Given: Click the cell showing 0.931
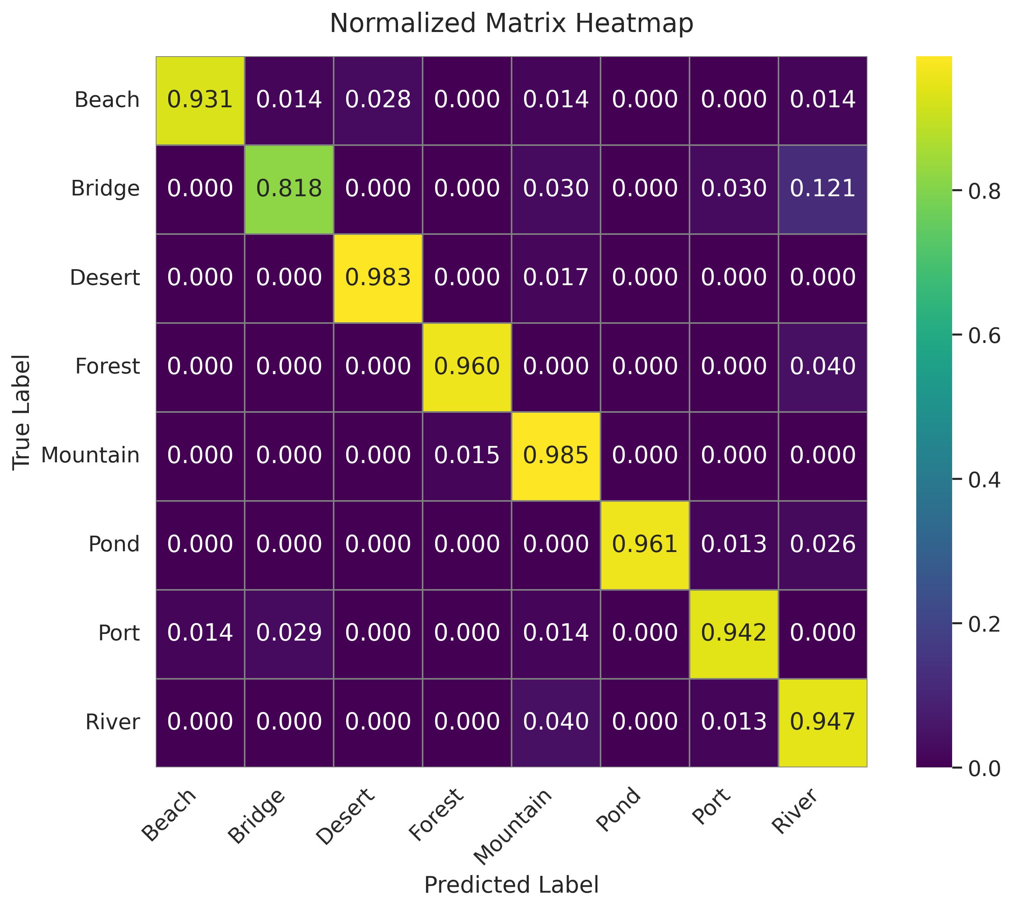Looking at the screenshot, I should click(x=200, y=100).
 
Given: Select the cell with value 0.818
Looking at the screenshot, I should click(x=289, y=189).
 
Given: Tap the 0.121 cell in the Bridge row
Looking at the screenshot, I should click(x=823, y=189).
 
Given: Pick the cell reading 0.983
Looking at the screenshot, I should click(x=378, y=278).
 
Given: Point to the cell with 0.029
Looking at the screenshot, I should click(x=289, y=633).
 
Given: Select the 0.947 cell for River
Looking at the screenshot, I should click(x=823, y=722).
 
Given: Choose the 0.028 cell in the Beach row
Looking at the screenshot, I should click(x=378, y=100).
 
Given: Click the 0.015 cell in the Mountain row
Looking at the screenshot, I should click(x=467, y=456).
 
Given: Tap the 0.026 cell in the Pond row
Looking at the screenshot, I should click(x=823, y=544).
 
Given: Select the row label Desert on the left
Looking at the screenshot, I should click(x=105, y=278).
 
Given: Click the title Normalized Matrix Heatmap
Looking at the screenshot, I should click(x=511, y=23).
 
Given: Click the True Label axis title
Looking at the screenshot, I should click(x=21, y=412).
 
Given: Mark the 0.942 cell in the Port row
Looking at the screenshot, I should click(x=733, y=633).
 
